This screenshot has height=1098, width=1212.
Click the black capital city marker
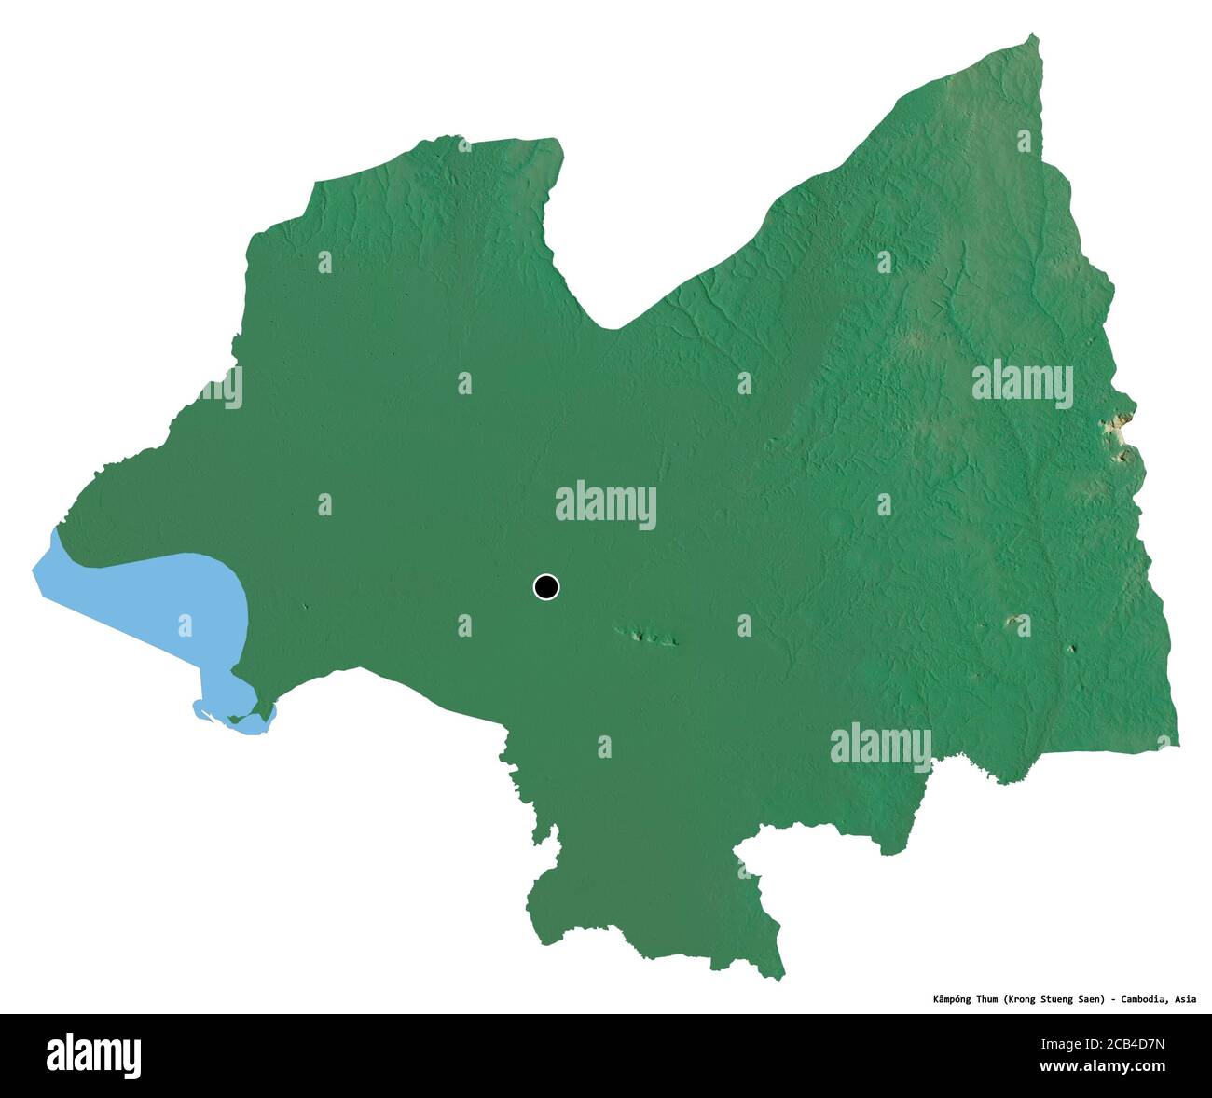coord(546,586)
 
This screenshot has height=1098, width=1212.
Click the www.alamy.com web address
coord(1108,1068)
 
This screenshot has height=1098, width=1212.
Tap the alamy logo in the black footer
coord(94,1055)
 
